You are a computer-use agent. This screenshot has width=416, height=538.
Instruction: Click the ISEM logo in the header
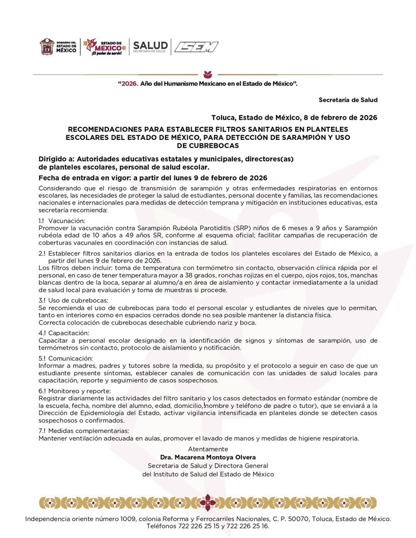[196, 47]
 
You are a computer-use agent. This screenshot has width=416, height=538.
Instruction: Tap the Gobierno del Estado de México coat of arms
[47, 47]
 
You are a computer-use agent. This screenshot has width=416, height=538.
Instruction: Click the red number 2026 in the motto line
[129, 83]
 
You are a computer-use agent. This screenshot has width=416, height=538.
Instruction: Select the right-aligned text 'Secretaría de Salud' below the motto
[348, 100]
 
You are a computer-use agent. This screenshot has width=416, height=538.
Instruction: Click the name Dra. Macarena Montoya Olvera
[208, 457]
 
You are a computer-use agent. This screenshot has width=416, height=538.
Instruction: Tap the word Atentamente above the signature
[208, 449]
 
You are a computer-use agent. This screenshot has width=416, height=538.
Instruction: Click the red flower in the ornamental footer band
[207, 502]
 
